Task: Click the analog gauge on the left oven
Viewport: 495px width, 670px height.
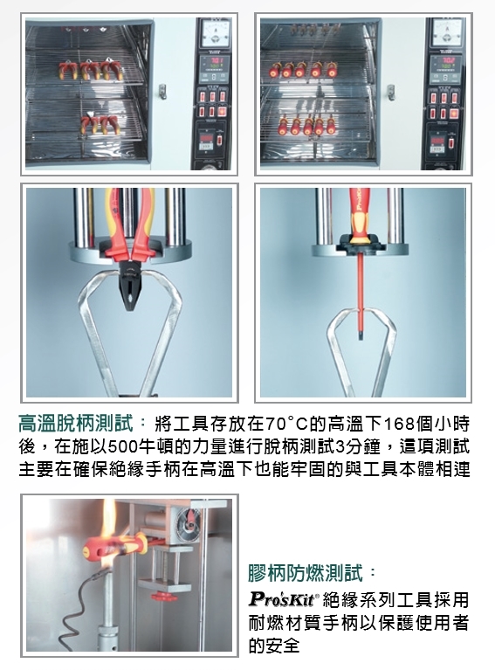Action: point(215,34)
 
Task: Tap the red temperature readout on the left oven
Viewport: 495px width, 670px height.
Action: point(215,60)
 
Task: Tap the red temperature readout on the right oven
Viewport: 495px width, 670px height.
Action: point(448,59)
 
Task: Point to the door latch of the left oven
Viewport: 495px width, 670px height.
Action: point(162,92)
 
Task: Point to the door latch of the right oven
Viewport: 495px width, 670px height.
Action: point(390,92)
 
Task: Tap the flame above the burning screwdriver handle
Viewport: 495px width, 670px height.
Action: point(107,519)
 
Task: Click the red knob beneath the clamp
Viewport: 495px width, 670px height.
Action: point(164,596)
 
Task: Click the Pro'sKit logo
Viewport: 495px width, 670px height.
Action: point(282,598)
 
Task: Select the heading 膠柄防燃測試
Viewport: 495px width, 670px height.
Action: point(306,572)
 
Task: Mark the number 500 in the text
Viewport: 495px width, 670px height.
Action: point(125,446)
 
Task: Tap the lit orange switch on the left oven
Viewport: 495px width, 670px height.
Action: point(222,112)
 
